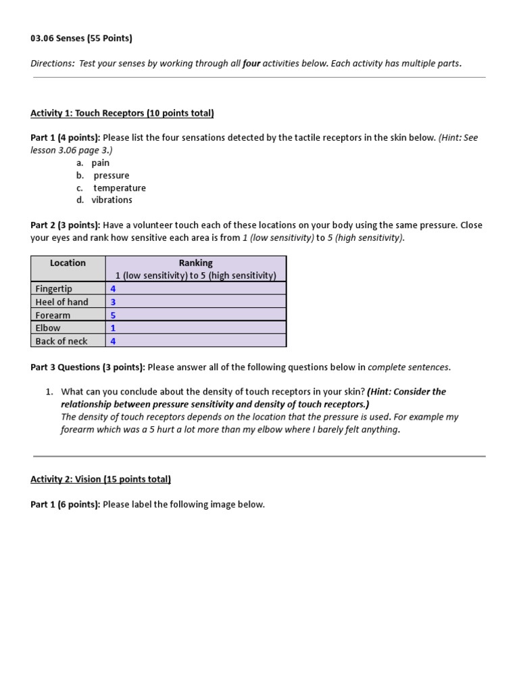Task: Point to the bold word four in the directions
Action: click(251, 64)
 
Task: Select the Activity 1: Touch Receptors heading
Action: click(122, 113)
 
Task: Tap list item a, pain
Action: click(100, 163)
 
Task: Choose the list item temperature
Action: click(119, 188)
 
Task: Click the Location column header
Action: click(68, 263)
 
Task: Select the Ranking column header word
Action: click(195, 263)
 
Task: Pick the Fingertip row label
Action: click(53, 289)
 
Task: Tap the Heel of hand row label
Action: click(61, 302)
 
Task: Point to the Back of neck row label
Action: click(61, 341)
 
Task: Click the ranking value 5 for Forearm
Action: click(113, 315)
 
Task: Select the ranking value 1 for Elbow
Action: click(113, 328)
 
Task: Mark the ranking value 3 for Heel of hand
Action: click(113, 302)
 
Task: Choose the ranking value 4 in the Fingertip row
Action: click(113, 289)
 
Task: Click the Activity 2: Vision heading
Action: click(101, 479)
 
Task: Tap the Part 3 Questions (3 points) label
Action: click(87, 367)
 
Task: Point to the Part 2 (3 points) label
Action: click(65, 225)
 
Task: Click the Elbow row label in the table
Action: click(48, 328)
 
